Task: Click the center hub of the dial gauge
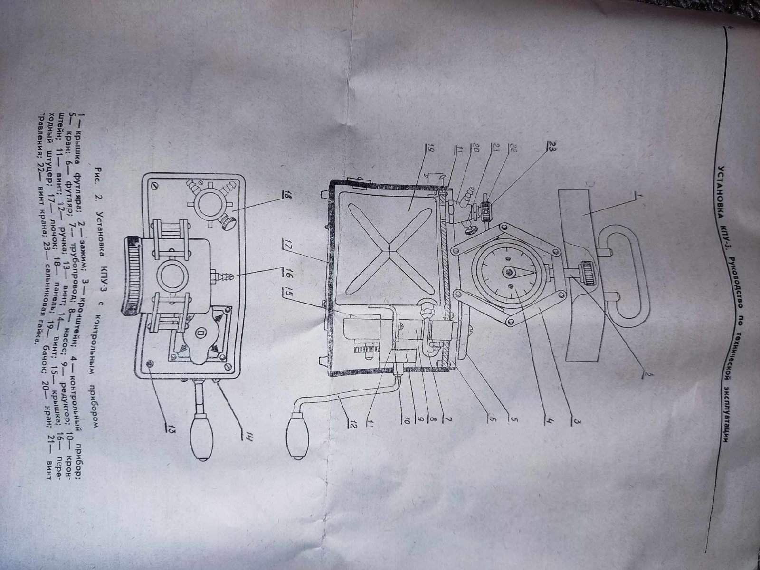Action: pos(510,272)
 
